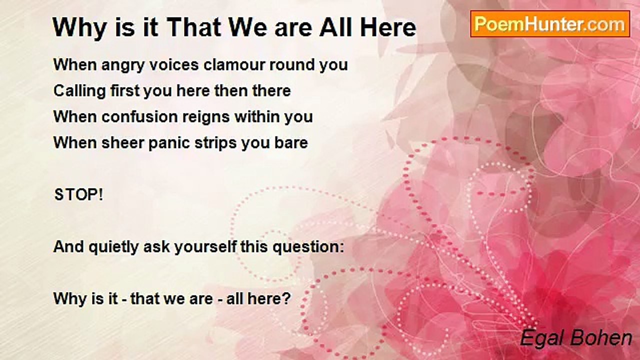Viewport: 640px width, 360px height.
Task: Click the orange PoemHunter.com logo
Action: click(550, 24)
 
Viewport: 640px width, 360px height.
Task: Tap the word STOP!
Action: click(78, 195)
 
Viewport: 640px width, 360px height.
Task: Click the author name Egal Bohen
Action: click(576, 338)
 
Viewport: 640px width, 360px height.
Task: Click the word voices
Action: click(174, 64)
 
